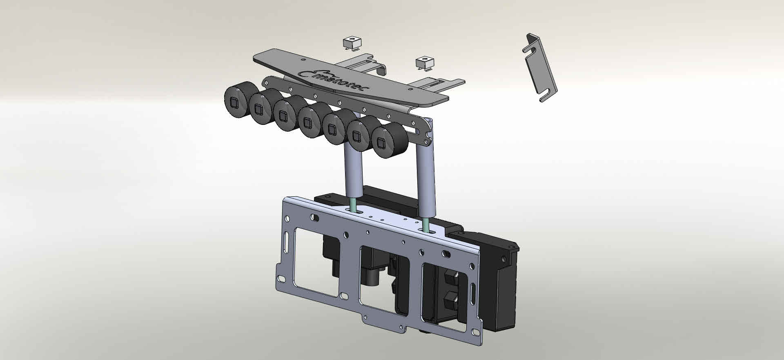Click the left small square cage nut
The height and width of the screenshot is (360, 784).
click(x=352, y=43)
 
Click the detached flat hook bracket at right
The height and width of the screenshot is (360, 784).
click(x=540, y=67)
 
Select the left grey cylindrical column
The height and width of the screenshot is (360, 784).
click(x=354, y=171)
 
